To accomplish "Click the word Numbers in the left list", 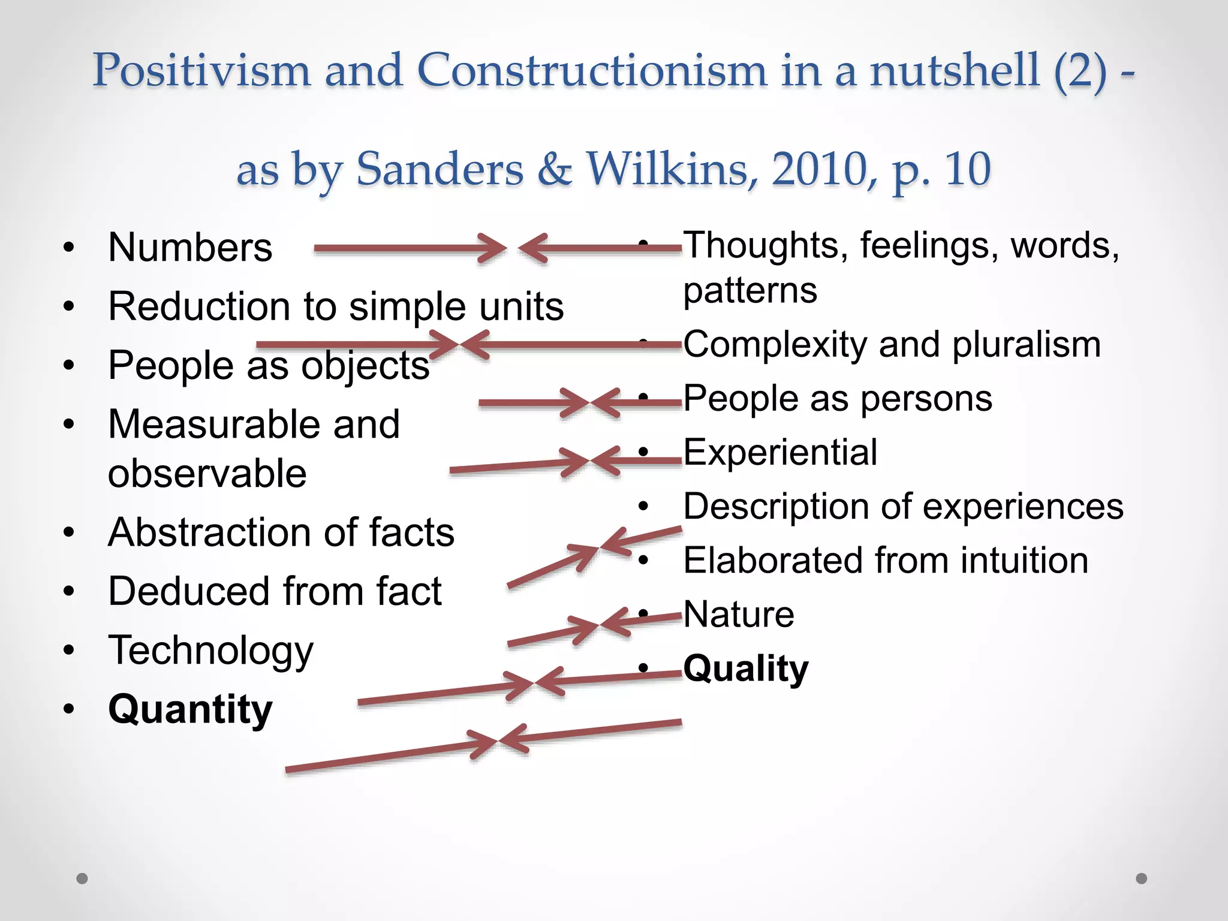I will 190,248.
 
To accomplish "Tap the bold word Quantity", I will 190,710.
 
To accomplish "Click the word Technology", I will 210,651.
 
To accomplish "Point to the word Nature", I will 739,615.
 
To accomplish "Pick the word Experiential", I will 780,452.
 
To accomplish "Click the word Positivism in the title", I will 201,71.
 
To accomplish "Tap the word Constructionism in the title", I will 591,71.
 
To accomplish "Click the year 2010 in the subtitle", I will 819,170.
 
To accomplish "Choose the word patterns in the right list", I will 750,291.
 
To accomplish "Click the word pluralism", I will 1026,345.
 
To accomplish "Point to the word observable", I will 207,474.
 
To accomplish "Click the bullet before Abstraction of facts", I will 69,532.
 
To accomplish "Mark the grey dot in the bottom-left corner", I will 82,878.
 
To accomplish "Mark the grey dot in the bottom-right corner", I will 1142,878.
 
